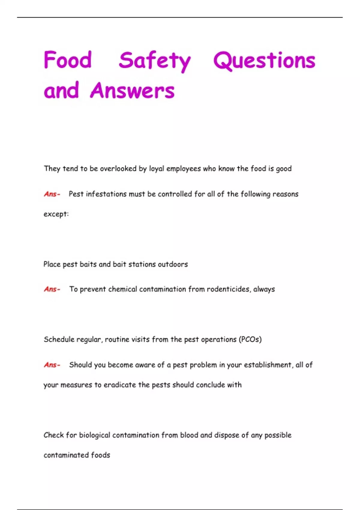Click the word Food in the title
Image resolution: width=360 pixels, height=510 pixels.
coord(68,60)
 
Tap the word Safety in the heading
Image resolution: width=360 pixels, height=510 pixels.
coord(154,61)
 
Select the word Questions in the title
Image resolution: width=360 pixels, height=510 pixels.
coord(264,61)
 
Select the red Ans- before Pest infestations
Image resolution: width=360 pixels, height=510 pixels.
coord(52,194)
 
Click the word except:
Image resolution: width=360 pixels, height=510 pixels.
coord(56,214)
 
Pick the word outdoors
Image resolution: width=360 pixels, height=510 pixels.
coord(173,264)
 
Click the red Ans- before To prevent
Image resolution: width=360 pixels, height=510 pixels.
coord(52,289)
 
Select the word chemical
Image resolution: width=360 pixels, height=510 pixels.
coord(122,289)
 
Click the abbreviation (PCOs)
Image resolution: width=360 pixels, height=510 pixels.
coord(250,340)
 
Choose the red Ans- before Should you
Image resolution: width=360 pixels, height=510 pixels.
coord(52,365)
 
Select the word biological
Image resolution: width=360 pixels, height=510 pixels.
coord(94,435)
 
